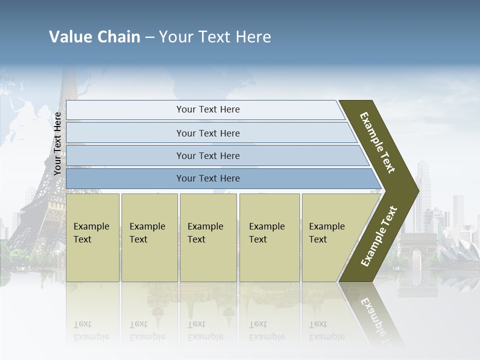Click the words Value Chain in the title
click(x=94, y=37)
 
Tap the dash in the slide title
click(x=149, y=37)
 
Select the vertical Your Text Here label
click(x=57, y=143)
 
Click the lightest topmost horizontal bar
click(x=205, y=109)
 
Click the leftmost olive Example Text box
click(x=92, y=237)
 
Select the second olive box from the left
click(x=149, y=237)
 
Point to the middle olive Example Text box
click(x=208, y=237)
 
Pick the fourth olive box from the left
click(x=269, y=237)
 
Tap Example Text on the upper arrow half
click(x=377, y=142)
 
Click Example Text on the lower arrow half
click(x=378, y=236)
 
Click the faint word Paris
click(x=7, y=78)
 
